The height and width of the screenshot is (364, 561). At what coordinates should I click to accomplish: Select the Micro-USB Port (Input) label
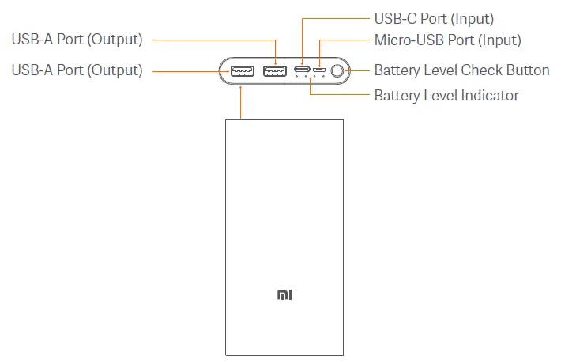447,40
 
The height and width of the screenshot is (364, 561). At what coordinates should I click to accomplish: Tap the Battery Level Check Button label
461,70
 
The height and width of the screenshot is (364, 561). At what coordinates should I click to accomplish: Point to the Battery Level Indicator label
446,96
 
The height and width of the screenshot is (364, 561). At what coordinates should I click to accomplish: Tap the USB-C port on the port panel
303,70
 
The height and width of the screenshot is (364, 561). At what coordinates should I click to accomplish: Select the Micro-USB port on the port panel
319,71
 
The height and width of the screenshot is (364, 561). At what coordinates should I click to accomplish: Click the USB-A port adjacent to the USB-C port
274,71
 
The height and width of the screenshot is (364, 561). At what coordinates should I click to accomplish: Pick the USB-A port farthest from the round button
241,71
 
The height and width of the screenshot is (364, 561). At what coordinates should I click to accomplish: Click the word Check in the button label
482,70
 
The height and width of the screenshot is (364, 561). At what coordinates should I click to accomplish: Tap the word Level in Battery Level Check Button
441,70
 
